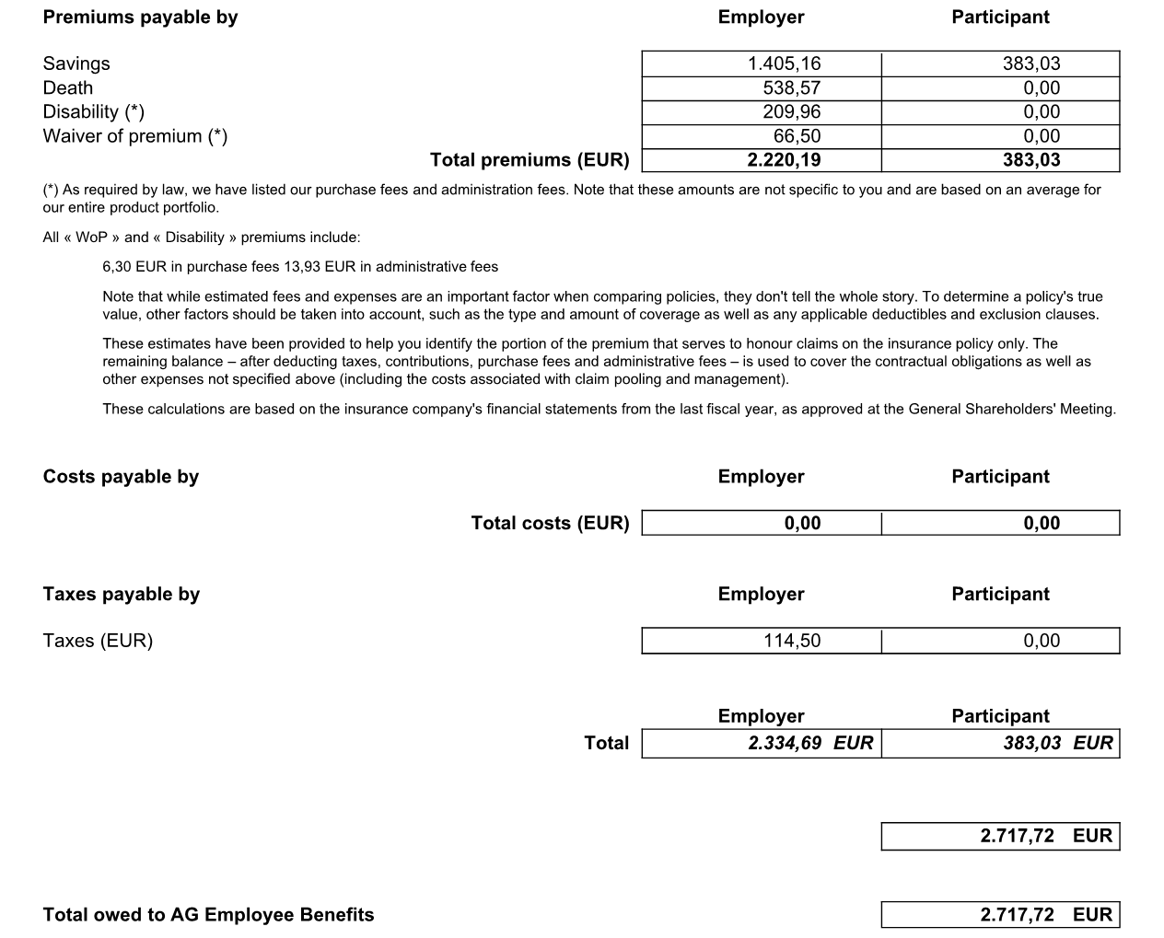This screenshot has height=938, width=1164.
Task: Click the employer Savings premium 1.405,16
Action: click(784, 64)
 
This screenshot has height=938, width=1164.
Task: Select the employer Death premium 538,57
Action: click(791, 88)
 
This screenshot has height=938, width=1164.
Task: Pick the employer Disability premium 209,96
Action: click(791, 112)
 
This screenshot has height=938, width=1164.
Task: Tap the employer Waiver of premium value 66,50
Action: click(797, 136)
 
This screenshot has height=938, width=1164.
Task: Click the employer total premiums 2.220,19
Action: click(784, 160)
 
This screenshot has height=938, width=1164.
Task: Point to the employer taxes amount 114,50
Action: click(791, 641)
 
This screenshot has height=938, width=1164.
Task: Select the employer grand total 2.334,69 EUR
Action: click(810, 743)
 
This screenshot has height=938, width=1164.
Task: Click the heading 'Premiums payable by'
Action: click(140, 17)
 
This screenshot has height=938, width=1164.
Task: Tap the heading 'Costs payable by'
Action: click(121, 477)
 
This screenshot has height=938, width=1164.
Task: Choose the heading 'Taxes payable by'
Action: click(121, 594)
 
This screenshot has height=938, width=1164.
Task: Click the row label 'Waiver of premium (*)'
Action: click(134, 136)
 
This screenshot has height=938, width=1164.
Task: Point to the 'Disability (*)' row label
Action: click(93, 112)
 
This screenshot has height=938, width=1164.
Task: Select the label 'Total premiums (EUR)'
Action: click(530, 160)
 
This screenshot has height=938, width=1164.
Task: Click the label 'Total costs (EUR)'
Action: click(550, 523)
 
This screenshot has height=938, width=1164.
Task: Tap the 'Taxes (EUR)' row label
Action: click(98, 641)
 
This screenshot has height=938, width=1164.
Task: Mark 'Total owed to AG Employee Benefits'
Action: click(208, 915)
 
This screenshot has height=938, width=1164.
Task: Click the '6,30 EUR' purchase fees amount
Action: click(134, 267)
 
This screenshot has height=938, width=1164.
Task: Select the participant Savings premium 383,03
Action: click(1031, 64)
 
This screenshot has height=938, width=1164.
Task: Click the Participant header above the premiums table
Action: click(1000, 17)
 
